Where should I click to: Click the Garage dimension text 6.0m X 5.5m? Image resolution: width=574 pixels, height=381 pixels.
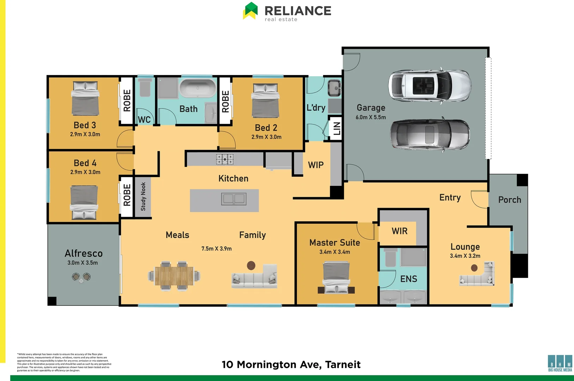[x=371, y=117]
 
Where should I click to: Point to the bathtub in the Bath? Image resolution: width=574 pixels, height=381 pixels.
[x=198, y=88]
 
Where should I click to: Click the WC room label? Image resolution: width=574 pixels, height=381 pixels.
[x=144, y=120]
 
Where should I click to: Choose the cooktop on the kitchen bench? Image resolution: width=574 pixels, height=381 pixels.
[x=225, y=159]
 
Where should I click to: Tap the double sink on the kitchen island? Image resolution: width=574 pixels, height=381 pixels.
[x=233, y=199]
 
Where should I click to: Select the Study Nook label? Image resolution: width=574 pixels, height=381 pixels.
[x=143, y=196]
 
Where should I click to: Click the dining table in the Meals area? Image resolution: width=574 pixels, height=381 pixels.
[x=174, y=276]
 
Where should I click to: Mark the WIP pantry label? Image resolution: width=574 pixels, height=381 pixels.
[x=316, y=165]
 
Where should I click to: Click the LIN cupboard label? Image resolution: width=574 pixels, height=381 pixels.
[x=337, y=128]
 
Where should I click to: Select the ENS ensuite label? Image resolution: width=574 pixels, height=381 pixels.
[x=409, y=279]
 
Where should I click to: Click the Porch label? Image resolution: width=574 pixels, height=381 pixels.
[x=509, y=200]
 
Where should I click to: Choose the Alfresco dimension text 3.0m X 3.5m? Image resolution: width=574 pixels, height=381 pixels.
[x=83, y=263]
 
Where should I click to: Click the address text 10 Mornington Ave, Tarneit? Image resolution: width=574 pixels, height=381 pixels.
[x=291, y=364]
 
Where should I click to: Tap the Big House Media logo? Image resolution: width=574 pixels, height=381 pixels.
[x=560, y=363]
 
